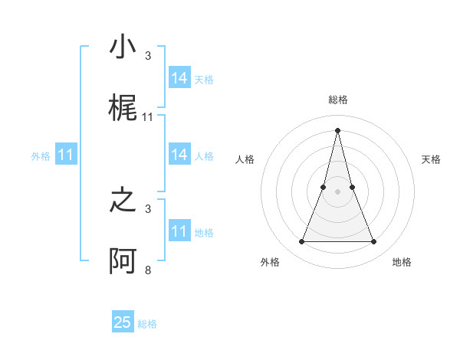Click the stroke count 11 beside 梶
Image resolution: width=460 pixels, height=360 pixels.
pos(148,117)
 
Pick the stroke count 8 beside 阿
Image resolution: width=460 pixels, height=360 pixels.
pos(148,270)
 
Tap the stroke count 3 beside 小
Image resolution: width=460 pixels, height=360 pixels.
pos(148,56)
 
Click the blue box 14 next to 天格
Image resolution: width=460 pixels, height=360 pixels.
pos(179,78)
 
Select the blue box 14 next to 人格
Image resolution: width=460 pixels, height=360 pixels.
pos(179,155)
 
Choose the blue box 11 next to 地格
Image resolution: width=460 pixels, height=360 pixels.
pos(179,231)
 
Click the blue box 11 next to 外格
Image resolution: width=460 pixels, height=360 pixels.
pos(66,155)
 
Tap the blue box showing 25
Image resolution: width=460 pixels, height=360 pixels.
pos(123,322)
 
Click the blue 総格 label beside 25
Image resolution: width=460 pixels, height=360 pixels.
pos(147,324)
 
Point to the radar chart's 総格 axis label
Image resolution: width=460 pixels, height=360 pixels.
pos(338,100)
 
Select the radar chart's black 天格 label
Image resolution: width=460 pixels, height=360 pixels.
pos(432,159)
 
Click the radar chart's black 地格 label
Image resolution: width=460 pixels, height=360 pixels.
pos(402,262)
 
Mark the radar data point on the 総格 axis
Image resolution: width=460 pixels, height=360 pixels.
pos(337,129)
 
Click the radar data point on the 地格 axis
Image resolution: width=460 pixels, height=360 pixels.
pos(374,242)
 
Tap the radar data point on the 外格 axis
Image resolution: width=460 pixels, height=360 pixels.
pos(301,242)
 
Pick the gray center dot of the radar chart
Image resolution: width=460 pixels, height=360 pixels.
pos(337,191)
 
